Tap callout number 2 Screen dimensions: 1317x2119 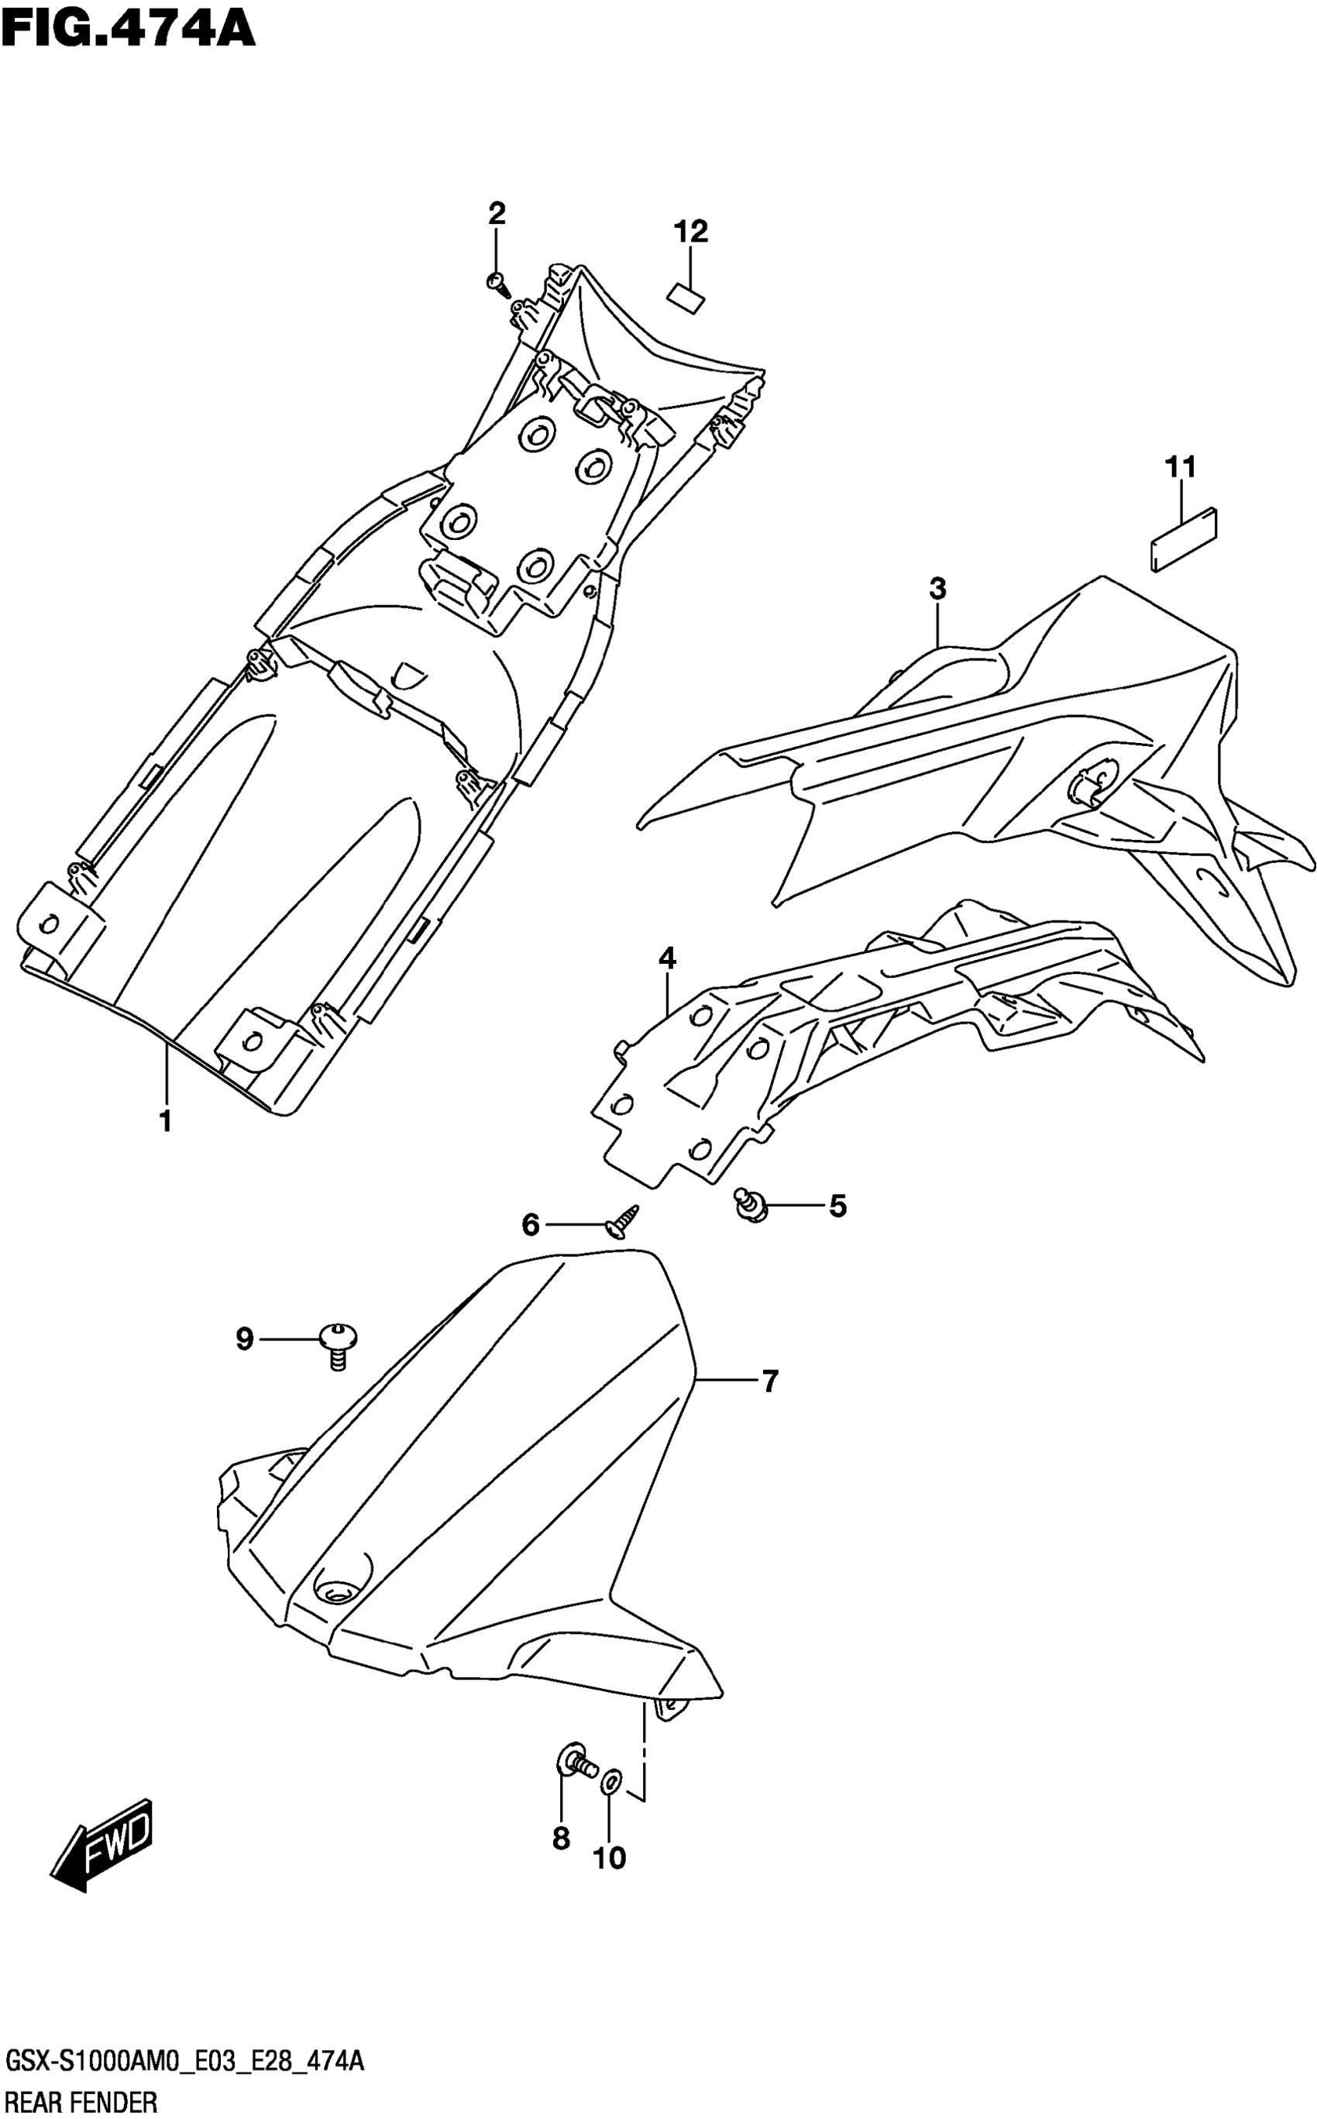click(497, 213)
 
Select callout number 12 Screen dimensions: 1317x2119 click(689, 232)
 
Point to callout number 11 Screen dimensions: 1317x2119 click(1181, 468)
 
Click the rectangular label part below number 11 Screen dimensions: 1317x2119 click(1184, 540)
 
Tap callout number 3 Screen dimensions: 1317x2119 click(937, 589)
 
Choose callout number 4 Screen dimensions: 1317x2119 click(667, 959)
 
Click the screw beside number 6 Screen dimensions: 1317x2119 click(624, 1221)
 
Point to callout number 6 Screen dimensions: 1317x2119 click(531, 1226)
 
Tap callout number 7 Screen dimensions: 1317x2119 click(769, 1381)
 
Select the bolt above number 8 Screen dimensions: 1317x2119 click(575, 1761)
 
